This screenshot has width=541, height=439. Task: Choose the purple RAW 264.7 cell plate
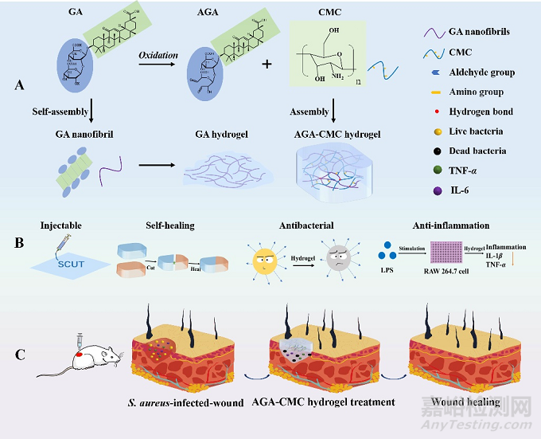(450, 248)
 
